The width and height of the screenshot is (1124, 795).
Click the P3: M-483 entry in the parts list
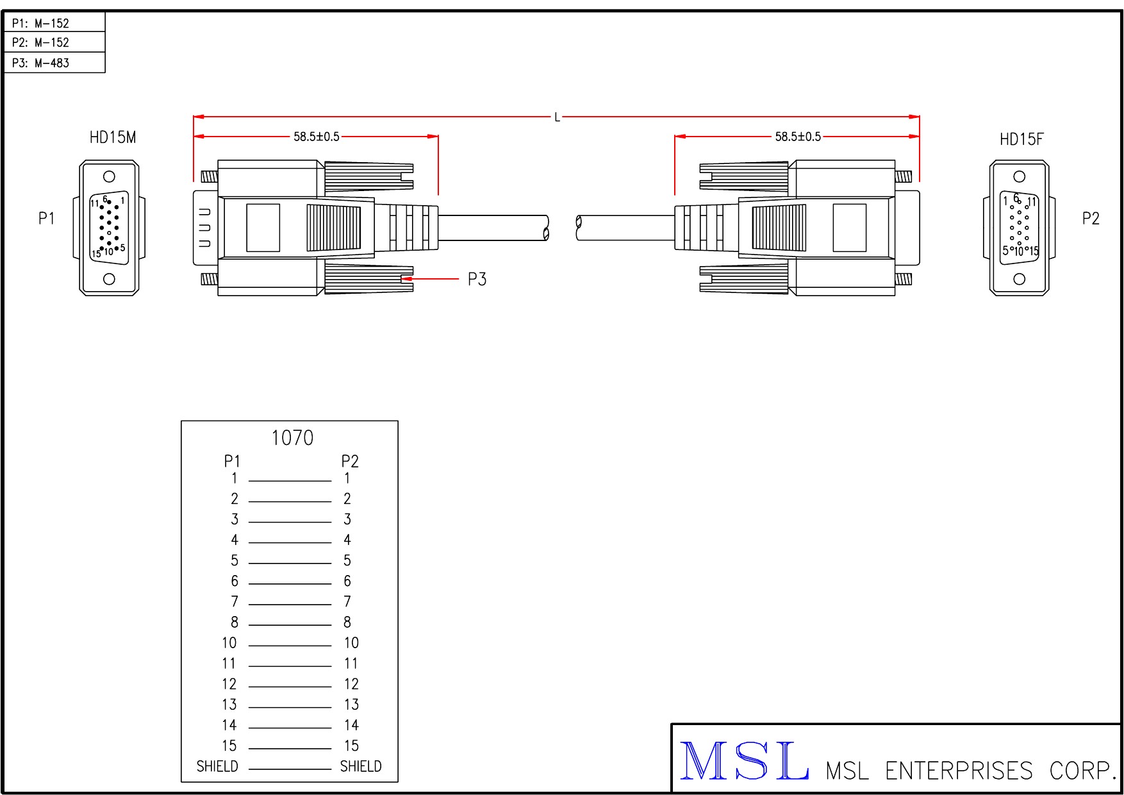tap(40, 63)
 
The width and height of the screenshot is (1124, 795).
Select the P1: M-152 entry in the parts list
tap(40, 24)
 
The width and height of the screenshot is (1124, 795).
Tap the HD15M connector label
tap(113, 137)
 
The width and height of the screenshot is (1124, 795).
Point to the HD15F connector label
tap(1021, 139)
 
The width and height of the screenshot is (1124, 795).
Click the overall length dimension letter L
tap(558, 117)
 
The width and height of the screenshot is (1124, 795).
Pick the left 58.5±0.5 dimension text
tap(317, 137)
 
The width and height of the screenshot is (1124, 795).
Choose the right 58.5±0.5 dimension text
tap(798, 137)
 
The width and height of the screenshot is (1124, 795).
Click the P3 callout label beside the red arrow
tap(477, 279)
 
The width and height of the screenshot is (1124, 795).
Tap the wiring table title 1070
tap(292, 438)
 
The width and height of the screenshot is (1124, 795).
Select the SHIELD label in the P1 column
tap(217, 767)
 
